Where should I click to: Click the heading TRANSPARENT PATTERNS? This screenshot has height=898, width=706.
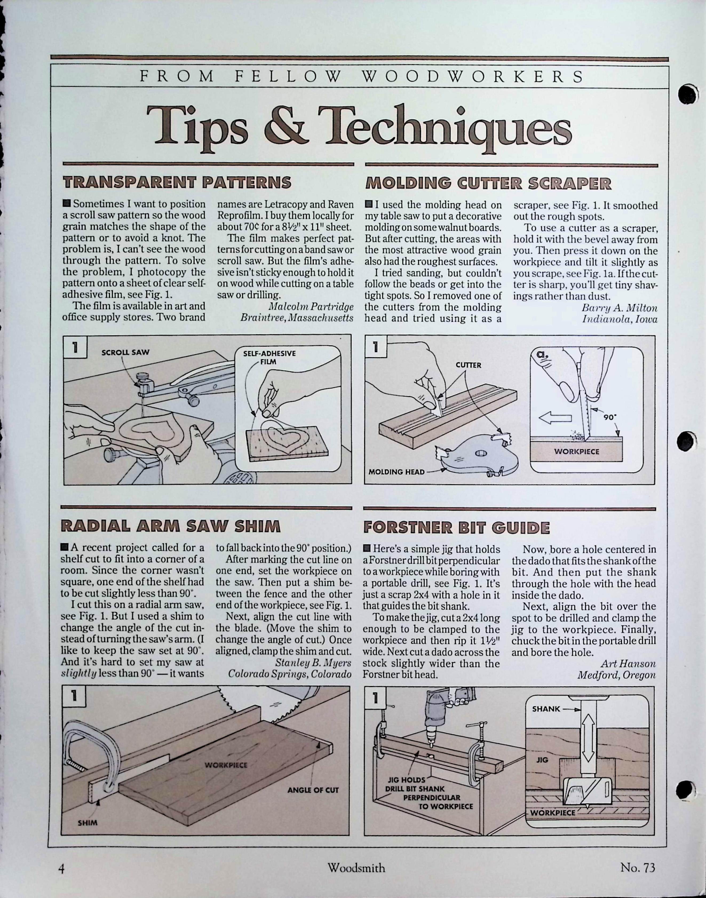click(x=177, y=182)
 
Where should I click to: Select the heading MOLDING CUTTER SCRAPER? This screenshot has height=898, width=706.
click(x=488, y=183)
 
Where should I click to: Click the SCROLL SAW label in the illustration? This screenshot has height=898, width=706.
click(x=125, y=352)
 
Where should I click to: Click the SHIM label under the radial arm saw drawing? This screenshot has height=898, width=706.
click(x=88, y=823)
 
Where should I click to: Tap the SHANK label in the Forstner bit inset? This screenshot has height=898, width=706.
click(x=546, y=709)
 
